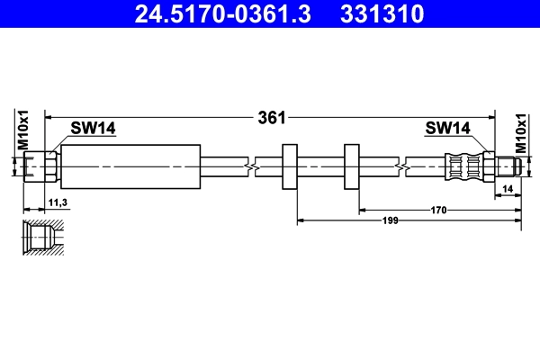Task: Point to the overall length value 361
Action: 272,117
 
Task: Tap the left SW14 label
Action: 94,130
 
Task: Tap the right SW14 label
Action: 446,130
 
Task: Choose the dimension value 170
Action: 438,210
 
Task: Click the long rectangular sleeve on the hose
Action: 129,166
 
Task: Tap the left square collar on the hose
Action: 291,166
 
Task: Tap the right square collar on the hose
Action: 352,166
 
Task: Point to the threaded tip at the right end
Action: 506,166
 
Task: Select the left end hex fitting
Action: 41,166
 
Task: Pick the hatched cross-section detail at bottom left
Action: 42,238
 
